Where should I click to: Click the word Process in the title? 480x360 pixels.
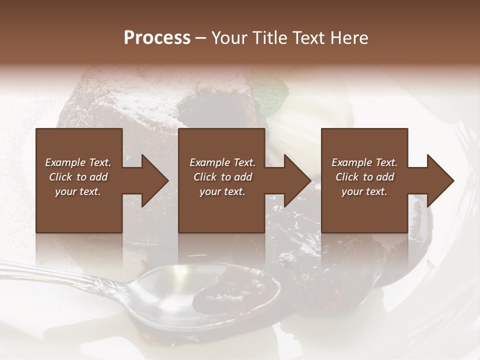click(x=157, y=38)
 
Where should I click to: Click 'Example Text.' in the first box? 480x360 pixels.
click(x=78, y=162)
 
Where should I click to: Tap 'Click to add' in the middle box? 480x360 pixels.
click(x=222, y=177)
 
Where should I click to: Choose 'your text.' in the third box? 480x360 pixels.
click(x=364, y=191)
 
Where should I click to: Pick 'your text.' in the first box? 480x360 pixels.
click(x=78, y=191)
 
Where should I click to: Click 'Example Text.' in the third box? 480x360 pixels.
click(x=364, y=162)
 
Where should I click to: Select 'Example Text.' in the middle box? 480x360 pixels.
click(x=222, y=162)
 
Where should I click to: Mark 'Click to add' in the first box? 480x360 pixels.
click(x=78, y=177)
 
